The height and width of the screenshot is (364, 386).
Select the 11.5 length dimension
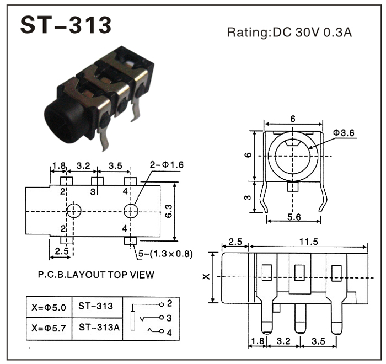[x=309, y=242]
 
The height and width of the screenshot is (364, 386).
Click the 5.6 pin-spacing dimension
[x=294, y=217]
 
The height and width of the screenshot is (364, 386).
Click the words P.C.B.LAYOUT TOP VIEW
[x=96, y=274]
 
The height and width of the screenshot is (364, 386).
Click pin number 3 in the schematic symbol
[x=169, y=318]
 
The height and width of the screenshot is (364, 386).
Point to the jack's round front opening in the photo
[x=59, y=118]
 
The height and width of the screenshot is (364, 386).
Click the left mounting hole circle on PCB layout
[x=73, y=210]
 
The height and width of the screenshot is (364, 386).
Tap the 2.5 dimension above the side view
[x=235, y=242]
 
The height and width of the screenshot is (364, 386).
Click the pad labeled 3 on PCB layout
[x=97, y=181]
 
